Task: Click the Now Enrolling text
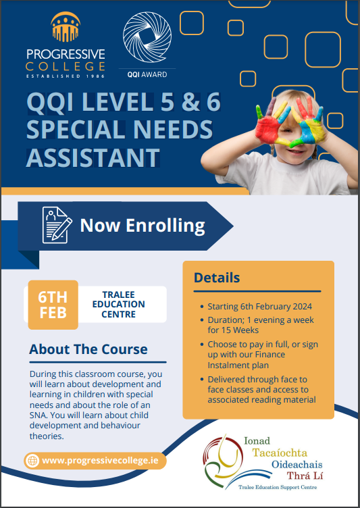pos(143,225)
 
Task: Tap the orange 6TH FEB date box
pos(53,305)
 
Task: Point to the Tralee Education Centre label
pos(122,305)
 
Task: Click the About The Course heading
pos(88,349)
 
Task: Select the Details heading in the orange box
pos(217,278)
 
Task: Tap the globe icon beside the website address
pos(32,461)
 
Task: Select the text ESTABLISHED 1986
pos(65,76)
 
